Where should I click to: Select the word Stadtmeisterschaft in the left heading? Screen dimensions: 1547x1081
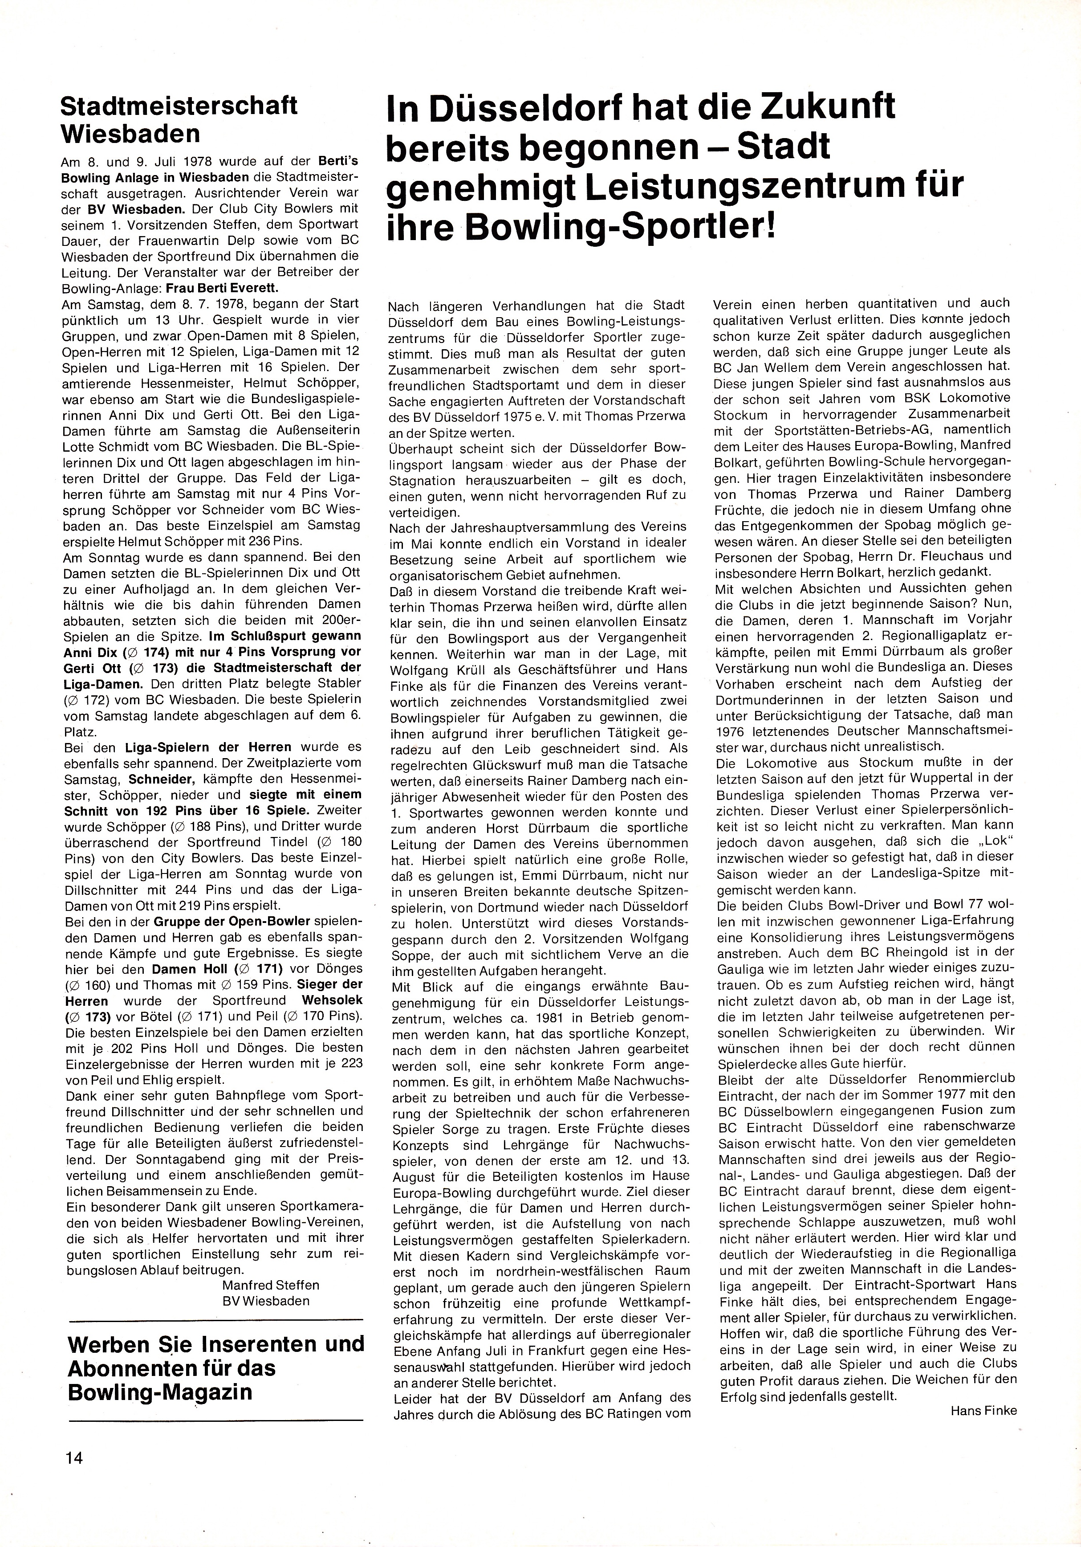(x=179, y=106)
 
